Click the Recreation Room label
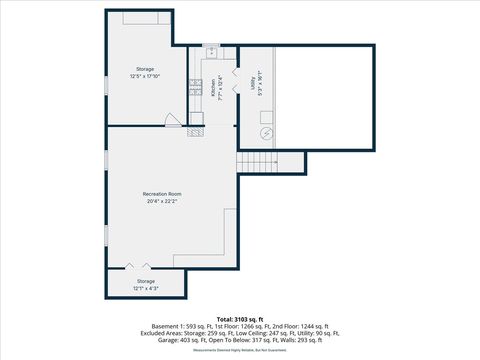[161, 193]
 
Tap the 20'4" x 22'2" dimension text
[161, 201]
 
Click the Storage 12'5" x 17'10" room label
[145, 72]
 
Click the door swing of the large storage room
[172, 120]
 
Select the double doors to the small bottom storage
[137, 266]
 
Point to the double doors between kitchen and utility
[234, 79]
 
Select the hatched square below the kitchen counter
[197, 130]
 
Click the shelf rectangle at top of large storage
[146, 18]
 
